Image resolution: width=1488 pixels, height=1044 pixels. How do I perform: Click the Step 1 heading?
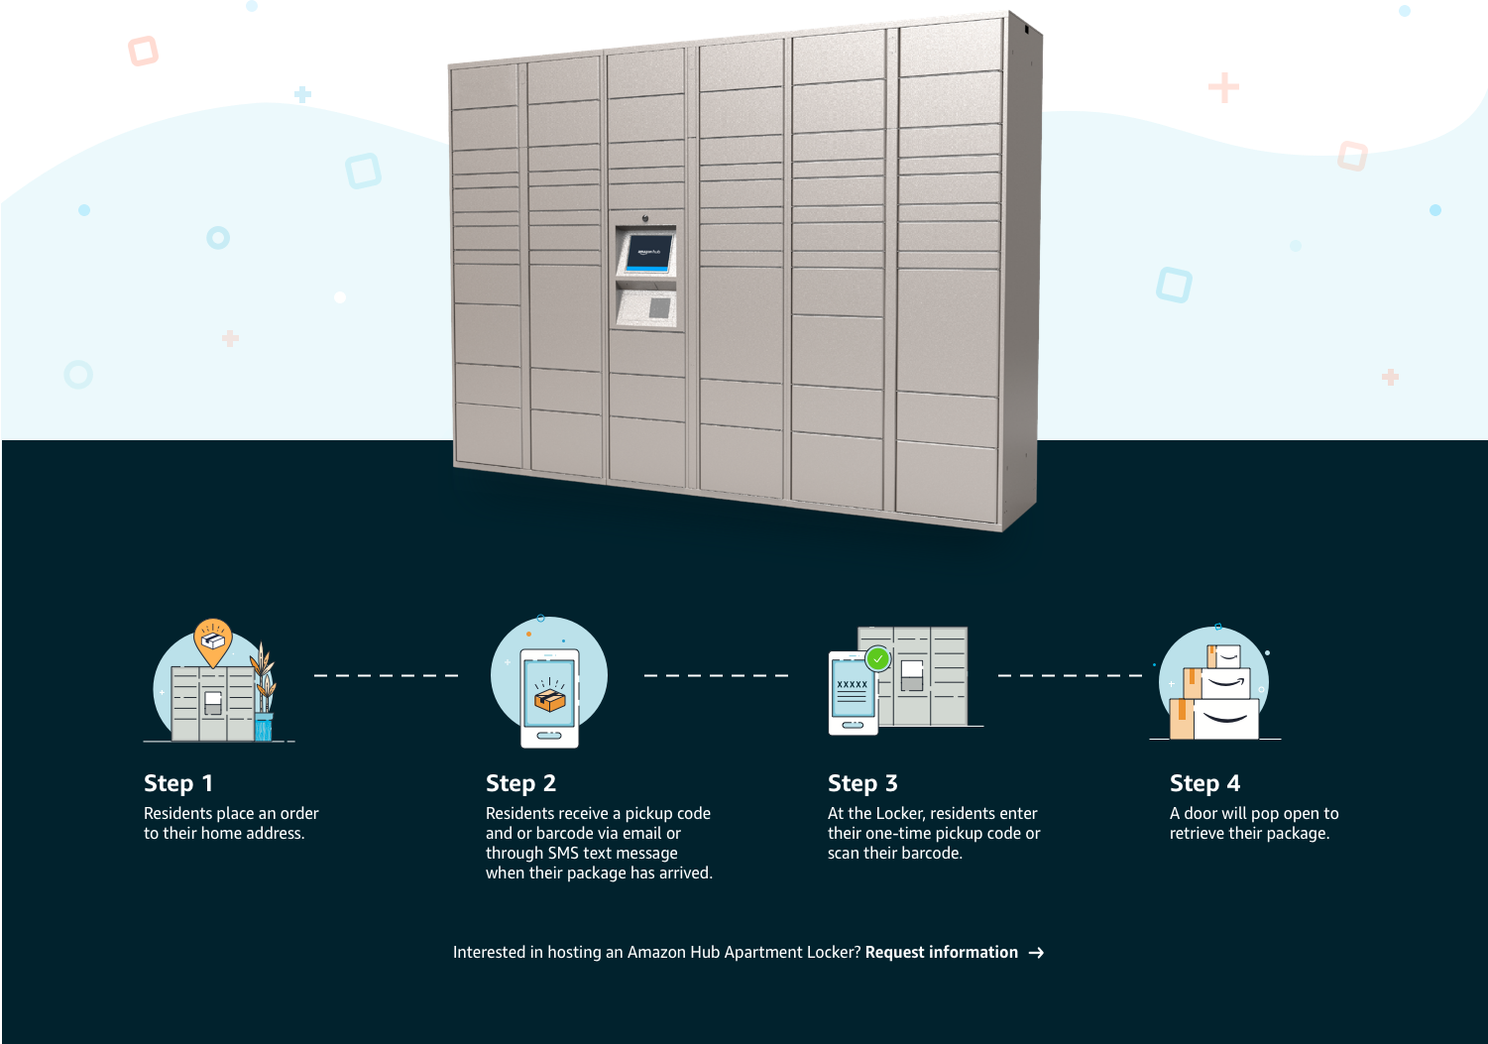[x=178, y=783]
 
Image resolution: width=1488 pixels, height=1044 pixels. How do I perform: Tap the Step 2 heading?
[x=520, y=783]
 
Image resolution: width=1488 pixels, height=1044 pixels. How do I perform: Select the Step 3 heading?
[x=862, y=783]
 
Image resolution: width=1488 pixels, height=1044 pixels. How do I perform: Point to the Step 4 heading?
[x=1204, y=783]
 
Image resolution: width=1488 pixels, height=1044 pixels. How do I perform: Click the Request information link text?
[x=942, y=953]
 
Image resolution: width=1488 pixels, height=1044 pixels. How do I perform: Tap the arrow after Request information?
[x=1036, y=953]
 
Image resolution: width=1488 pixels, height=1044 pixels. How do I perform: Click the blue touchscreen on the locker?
[x=649, y=253]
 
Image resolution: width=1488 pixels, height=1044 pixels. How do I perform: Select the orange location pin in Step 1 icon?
[x=212, y=640]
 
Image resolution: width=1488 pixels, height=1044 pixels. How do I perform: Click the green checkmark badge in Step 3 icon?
[x=878, y=659]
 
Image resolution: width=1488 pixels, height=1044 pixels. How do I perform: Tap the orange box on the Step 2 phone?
[x=550, y=699]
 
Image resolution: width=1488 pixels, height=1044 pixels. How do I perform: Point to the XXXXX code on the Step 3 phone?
[x=853, y=684]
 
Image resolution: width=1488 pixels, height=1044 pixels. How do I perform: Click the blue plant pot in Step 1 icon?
[x=264, y=727]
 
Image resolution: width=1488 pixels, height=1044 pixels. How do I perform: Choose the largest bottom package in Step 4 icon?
[x=1225, y=719]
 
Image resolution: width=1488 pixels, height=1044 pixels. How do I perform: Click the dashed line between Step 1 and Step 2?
[x=386, y=675]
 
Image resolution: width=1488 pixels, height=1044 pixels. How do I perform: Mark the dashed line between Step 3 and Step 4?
[x=1071, y=675]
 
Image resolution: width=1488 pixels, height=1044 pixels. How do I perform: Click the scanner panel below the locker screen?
[x=646, y=308]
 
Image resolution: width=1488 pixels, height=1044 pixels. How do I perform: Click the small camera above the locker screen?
[x=645, y=218]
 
